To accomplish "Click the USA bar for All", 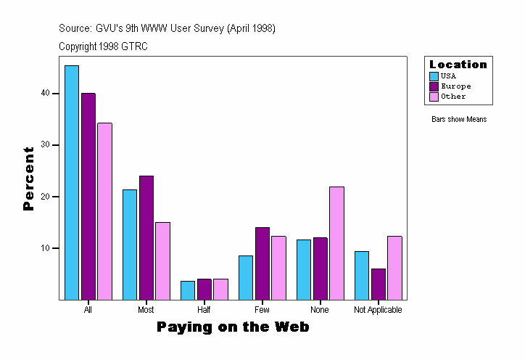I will point(72,183).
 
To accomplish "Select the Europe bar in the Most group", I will point(146,238).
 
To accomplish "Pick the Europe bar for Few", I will point(262,263).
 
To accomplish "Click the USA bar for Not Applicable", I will point(362,276).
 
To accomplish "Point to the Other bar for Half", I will point(220,290).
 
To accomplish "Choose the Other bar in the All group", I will point(105,211).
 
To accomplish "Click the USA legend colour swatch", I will point(434,76).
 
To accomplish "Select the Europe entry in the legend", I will point(455,86).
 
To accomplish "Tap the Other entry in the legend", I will point(453,97).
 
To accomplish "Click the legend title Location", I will point(458,65).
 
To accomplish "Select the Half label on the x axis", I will point(204,310).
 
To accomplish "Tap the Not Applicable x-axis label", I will point(378,310).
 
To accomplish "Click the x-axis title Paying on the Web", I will point(233,327).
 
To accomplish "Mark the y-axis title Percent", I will point(29,179).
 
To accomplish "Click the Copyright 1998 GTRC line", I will point(104,46).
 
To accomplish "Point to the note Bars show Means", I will point(459,120).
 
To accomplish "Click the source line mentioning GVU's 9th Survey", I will point(167,28).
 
